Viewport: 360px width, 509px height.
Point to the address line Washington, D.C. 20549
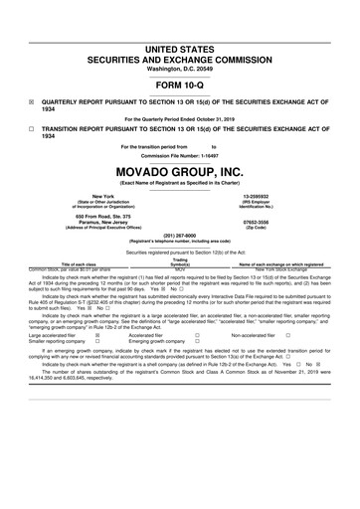pyautogui.click(x=179, y=69)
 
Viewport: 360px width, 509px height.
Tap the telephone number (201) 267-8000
pyautogui.click(x=179, y=236)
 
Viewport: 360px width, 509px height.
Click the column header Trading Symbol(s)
pyautogui.click(x=180, y=260)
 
